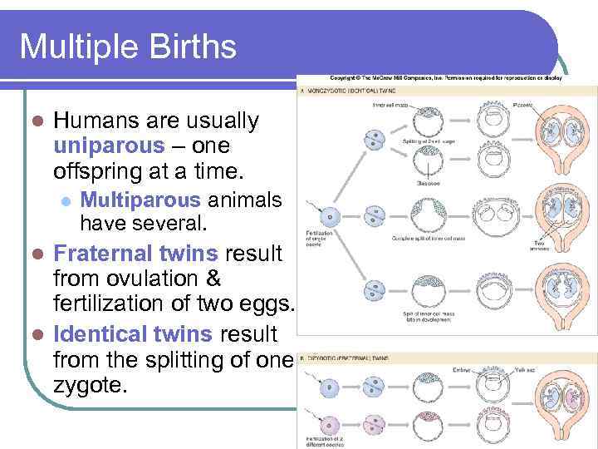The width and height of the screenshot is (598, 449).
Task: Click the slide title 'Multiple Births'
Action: coord(128,46)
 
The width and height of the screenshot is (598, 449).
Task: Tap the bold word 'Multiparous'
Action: coord(140,200)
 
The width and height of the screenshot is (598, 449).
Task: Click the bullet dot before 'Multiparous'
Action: coord(66,201)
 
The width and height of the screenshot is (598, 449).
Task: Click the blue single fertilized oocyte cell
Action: coord(331,218)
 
